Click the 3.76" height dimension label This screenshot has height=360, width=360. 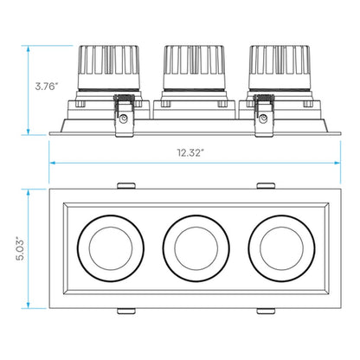coord(47,86)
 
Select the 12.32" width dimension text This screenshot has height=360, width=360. coord(190,152)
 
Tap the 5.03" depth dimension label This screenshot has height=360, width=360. coord(20,248)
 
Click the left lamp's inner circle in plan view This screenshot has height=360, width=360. coord(111,248)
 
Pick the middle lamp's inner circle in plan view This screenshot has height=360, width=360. coord(196,248)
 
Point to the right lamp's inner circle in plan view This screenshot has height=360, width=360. coord(281,248)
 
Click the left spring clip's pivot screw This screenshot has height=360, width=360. coord(125,119)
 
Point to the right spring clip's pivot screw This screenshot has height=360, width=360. coord(263,119)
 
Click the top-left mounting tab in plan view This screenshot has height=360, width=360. coord(126,185)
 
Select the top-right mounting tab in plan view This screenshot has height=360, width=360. coord(266,185)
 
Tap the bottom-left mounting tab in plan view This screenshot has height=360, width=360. coord(126,311)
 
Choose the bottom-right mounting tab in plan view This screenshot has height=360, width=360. coord(266,311)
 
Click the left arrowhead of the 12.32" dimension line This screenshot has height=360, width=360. coord(52,163)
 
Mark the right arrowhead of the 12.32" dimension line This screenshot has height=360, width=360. coord(337,163)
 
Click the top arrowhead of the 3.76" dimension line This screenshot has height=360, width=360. coord(29,48)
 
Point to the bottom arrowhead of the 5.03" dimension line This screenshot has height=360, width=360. coord(29,305)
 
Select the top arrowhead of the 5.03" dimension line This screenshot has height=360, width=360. coord(29,193)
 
